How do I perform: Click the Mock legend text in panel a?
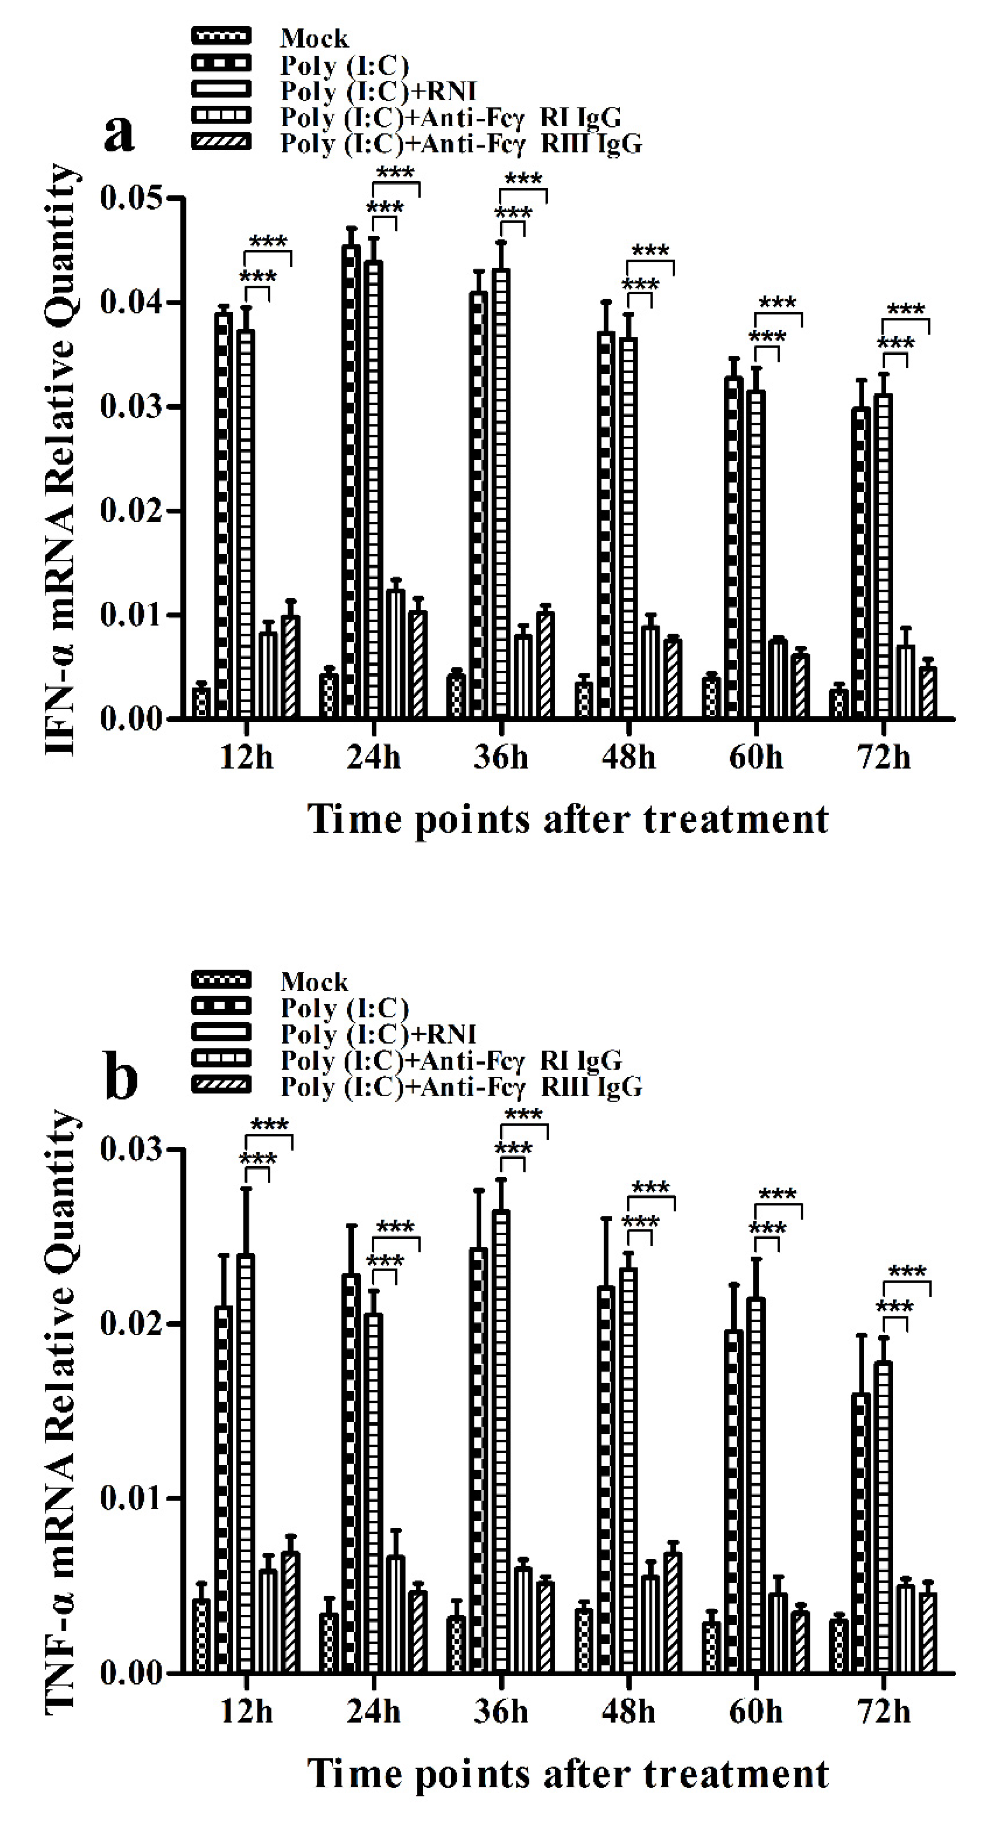(x=314, y=38)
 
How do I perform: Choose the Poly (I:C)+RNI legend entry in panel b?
(x=378, y=1034)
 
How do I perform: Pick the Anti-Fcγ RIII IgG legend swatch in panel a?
(x=221, y=142)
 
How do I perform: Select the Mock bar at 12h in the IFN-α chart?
(x=202, y=702)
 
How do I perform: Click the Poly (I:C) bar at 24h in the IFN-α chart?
(x=351, y=481)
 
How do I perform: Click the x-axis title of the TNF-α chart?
(x=568, y=1774)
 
